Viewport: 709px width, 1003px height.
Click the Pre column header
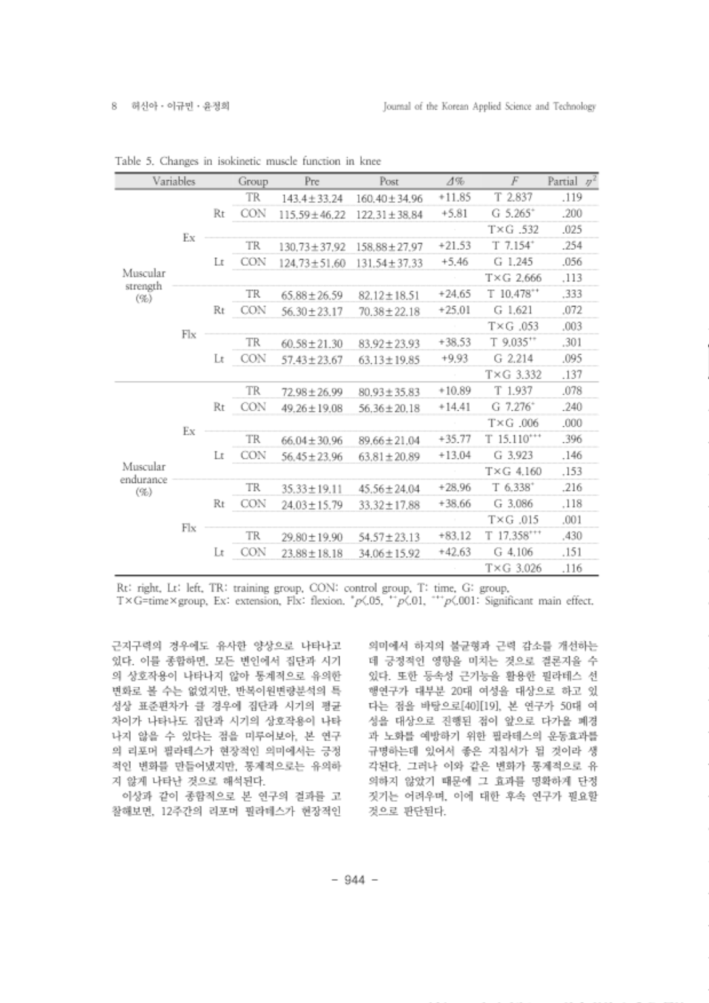point(311,181)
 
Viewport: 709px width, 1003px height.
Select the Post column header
point(388,181)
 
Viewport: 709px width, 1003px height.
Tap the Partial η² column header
point(572,181)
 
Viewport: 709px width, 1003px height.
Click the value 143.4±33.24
point(311,199)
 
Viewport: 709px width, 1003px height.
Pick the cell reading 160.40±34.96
point(389,199)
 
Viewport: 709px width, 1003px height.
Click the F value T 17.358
point(513,536)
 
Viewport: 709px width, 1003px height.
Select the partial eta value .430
point(572,536)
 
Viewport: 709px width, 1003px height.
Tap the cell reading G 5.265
point(512,214)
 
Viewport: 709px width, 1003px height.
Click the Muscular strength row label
point(143,286)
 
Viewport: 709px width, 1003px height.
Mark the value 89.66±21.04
point(389,440)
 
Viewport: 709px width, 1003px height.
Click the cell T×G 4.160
point(513,472)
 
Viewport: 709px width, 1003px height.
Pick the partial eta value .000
point(572,423)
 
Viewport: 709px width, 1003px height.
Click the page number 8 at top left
point(115,107)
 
